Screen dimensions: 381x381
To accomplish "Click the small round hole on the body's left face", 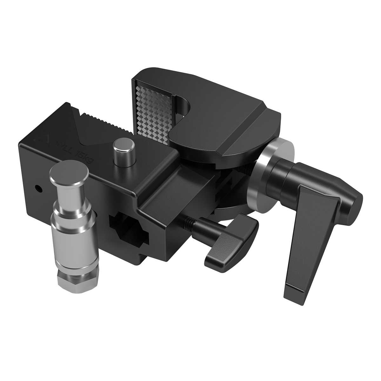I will [x=39, y=189].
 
